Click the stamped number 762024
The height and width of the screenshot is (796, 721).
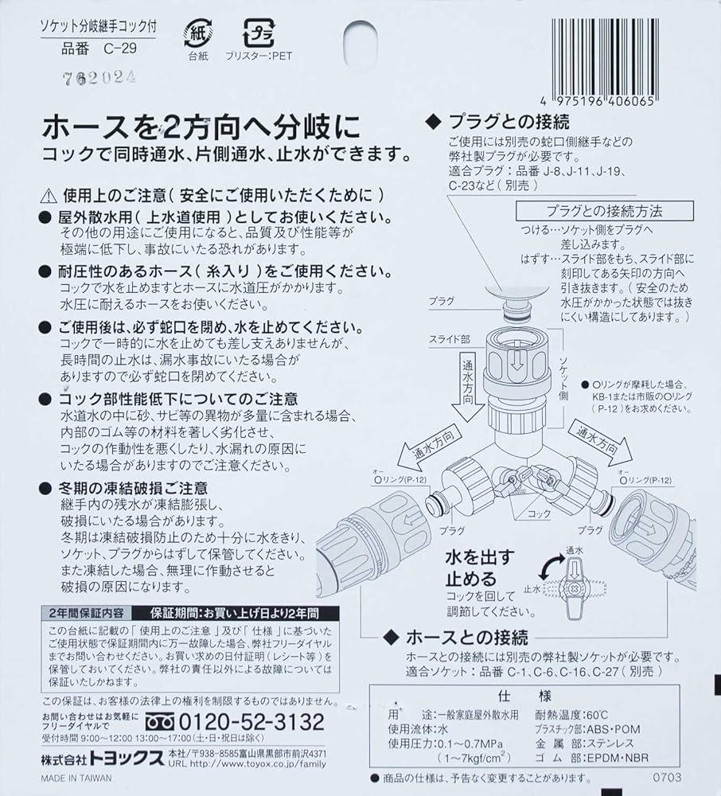pos(99,77)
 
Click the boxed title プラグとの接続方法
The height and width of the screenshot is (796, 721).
pos(604,212)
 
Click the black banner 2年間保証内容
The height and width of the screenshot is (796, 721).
pos(87,614)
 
